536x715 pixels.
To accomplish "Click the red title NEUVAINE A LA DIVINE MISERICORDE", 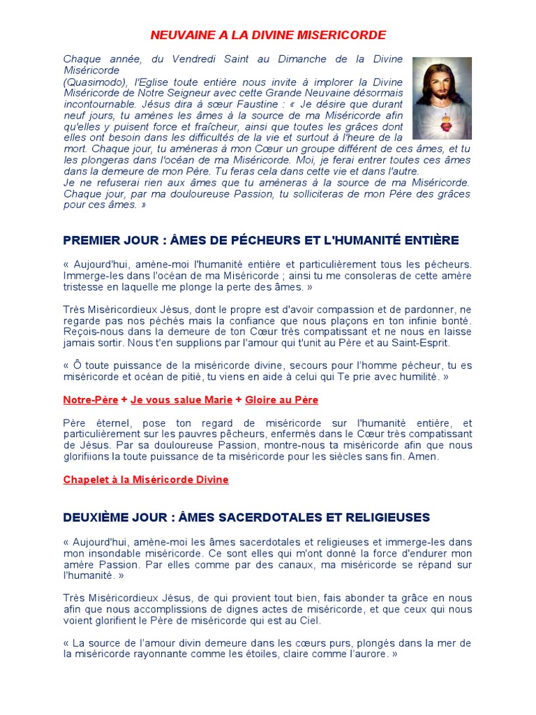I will (269, 35).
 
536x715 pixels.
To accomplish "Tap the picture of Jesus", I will (442, 98).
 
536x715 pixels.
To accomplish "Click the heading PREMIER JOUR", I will (260, 241).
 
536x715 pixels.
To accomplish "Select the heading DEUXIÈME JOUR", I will (246, 517).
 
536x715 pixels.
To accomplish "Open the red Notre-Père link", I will (90, 400).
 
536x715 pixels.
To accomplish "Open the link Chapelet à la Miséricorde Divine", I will (146, 480).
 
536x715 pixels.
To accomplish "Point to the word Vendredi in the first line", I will (187, 59).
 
